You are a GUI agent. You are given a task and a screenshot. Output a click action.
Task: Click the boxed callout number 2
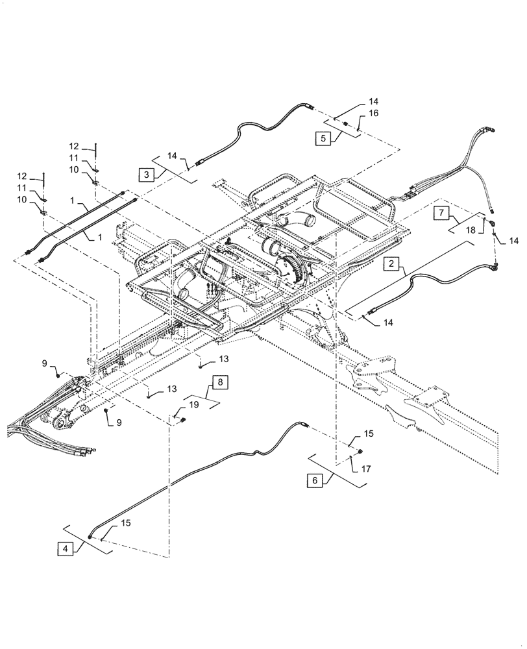[391, 263]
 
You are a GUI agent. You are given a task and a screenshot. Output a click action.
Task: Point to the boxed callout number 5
[323, 138]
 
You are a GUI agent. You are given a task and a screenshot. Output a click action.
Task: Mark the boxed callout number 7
[440, 213]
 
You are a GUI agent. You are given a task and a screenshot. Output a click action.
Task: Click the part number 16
[373, 113]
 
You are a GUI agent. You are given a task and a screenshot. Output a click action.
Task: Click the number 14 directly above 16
[373, 101]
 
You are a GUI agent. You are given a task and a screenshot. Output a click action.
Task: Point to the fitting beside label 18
[492, 223]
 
